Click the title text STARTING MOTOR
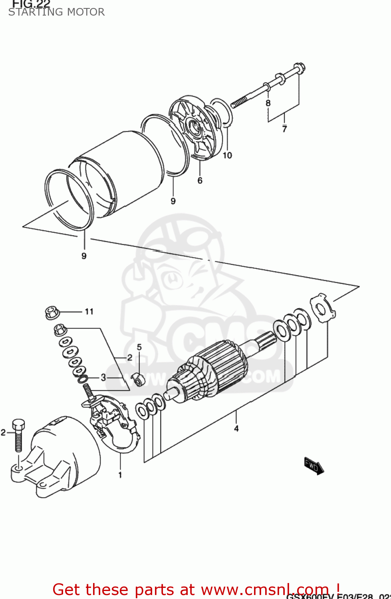[56, 12]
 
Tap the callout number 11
[89, 311]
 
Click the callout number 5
[139, 347]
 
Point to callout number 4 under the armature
[236, 428]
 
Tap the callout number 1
[120, 475]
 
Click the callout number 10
[227, 155]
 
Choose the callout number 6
[200, 180]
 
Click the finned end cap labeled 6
[196, 128]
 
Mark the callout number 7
[284, 129]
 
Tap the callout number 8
[268, 103]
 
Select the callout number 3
[103, 377]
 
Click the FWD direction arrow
[314, 466]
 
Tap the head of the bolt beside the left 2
[18, 425]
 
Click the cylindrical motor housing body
[120, 172]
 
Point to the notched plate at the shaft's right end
[323, 307]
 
